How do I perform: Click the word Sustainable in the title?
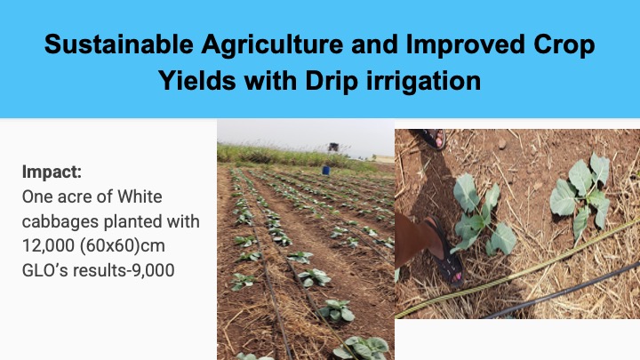pyautogui.click(x=119, y=44)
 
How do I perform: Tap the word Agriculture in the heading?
pyautogui.click(x=272, y=45)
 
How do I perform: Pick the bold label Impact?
pyautogui.click(x=52, y=172)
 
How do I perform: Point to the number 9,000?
pyautogui.click(x=154, y=270)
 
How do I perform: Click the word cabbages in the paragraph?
pyautogui.click(x=60, y=222)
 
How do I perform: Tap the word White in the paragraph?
pyautogui.click(x=140, y=196)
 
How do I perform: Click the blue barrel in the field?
pyautogui.click(x=325, y=170)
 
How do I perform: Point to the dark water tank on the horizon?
pyautogui.click(x=333, y=147)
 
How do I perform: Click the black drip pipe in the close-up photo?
pyautogui.click(x=563, y=291)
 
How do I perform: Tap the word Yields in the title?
pyautogui.click(x=197, y=80)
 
